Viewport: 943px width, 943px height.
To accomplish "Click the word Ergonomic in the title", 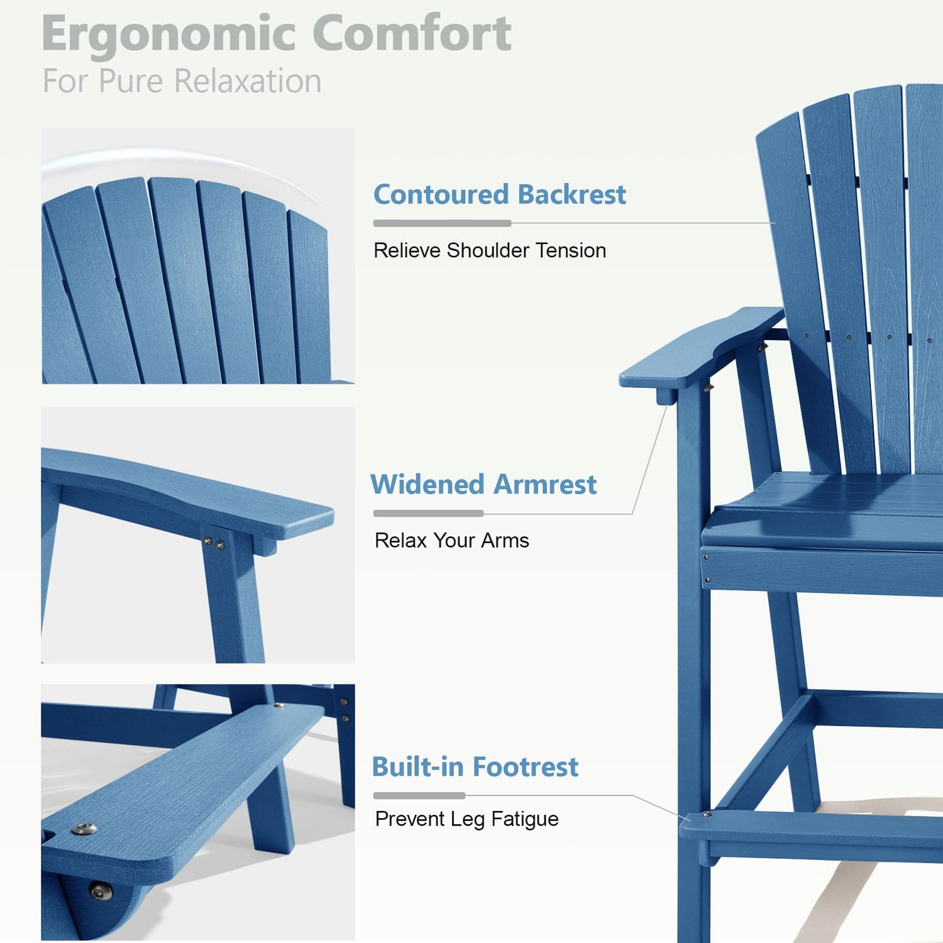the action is point(168,35).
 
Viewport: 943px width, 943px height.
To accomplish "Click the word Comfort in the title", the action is point(412,33).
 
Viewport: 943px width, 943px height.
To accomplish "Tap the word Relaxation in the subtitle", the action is point(247,81).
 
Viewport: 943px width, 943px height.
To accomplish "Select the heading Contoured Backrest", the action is point(500,194).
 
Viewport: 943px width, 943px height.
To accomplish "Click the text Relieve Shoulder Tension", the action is point(490,250).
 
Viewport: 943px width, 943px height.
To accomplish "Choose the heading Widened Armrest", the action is point(483,485).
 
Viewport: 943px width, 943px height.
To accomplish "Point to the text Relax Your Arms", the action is point(451,540).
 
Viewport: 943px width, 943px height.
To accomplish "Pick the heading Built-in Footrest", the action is point(475,767).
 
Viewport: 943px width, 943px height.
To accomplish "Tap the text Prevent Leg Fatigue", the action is point(466,819).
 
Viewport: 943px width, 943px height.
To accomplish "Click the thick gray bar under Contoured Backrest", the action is point(442,223).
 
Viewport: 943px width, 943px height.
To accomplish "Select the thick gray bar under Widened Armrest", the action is point(428,514).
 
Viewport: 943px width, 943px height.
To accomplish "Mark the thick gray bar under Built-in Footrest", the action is point(419,796).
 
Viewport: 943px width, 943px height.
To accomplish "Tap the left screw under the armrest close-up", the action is point(207,540).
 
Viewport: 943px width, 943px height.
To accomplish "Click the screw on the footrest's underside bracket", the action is point(99,891).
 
